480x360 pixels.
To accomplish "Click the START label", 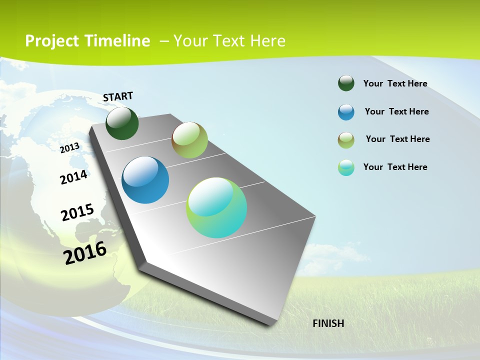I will [118, 96].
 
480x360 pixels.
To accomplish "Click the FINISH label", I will [328, 323].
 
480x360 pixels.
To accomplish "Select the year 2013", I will [69, 147].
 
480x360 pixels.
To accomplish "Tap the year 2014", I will [73, 177].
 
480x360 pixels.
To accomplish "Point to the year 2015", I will [77, 212].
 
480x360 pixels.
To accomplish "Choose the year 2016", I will [85, 253].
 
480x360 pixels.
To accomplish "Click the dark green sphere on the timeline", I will [122, 123].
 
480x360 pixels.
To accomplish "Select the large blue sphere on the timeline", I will [145, 180].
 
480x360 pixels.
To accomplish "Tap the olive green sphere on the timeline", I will [189, 140].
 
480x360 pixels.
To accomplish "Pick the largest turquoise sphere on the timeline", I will [216, 207].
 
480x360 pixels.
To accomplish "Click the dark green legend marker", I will [346, 83].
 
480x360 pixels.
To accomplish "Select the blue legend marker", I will [346, 112].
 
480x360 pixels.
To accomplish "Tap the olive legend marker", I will [346, 140].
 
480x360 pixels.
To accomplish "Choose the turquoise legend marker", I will [346, 167].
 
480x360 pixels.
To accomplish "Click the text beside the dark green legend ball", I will [395, 83].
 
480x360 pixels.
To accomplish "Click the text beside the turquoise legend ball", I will [395, 167].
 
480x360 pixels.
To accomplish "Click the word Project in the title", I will [52, 41].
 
